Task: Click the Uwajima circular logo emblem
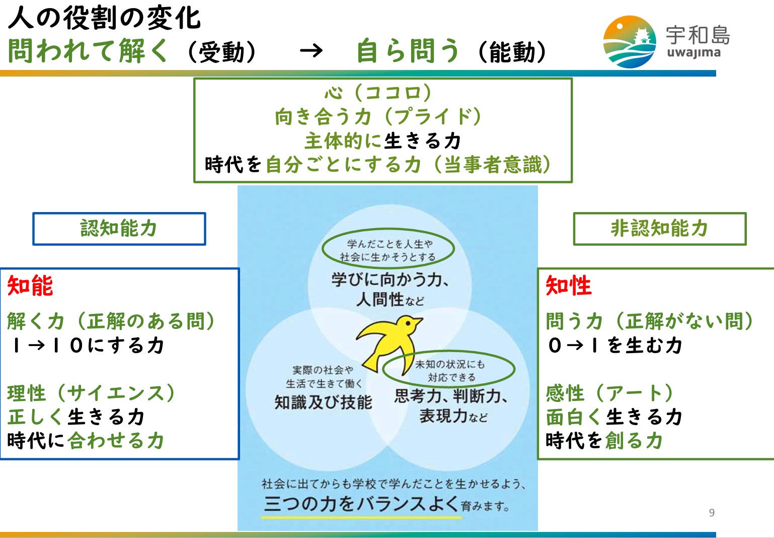pos(630,42)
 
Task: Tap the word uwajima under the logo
pos(694,53)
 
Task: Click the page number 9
pos(712,512)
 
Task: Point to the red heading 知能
pos(30,286)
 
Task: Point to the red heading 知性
pos(568,286)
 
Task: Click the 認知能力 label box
pos(119,229)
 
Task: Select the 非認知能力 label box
pos(660,229)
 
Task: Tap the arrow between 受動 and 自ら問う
pos(311,51)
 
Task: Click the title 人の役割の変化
pos(104,18)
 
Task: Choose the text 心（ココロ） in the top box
pos(378,92)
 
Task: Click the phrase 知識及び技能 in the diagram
pos(323,402)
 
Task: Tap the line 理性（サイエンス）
pos(92,393)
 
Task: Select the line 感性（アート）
pos(610,393)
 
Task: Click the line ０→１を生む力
pos(615,345)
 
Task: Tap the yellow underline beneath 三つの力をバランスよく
pos(361,517)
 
